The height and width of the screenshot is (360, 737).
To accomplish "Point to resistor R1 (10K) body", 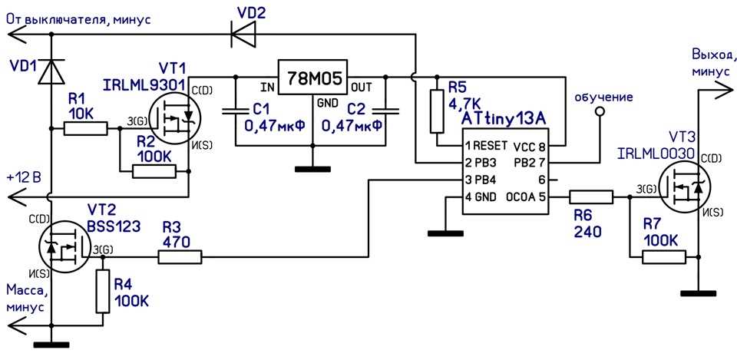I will [x=85, y=129].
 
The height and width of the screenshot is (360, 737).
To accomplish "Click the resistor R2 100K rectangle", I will [x=154, y=170].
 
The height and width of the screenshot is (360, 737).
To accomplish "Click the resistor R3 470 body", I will [x=180, y=258].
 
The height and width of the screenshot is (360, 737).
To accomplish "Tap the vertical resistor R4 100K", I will [x=102, y=291].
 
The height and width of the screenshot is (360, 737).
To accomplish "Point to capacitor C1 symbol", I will [x=236, y=111].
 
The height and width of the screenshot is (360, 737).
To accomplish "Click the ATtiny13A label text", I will [x=504, y=119].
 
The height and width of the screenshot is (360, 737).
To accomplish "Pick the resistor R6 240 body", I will [x=591, y=197].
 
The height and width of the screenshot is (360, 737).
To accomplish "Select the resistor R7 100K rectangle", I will [x=663, y=257].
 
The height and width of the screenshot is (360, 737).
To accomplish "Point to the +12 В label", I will [x=23, y=177].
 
